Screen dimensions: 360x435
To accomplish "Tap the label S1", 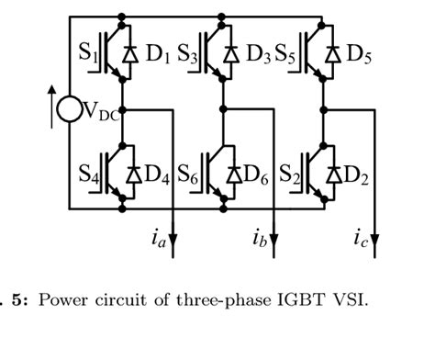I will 92,52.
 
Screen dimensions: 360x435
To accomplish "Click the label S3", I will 190,52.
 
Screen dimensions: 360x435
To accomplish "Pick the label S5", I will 289,52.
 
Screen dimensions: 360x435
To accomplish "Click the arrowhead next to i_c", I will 374,250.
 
